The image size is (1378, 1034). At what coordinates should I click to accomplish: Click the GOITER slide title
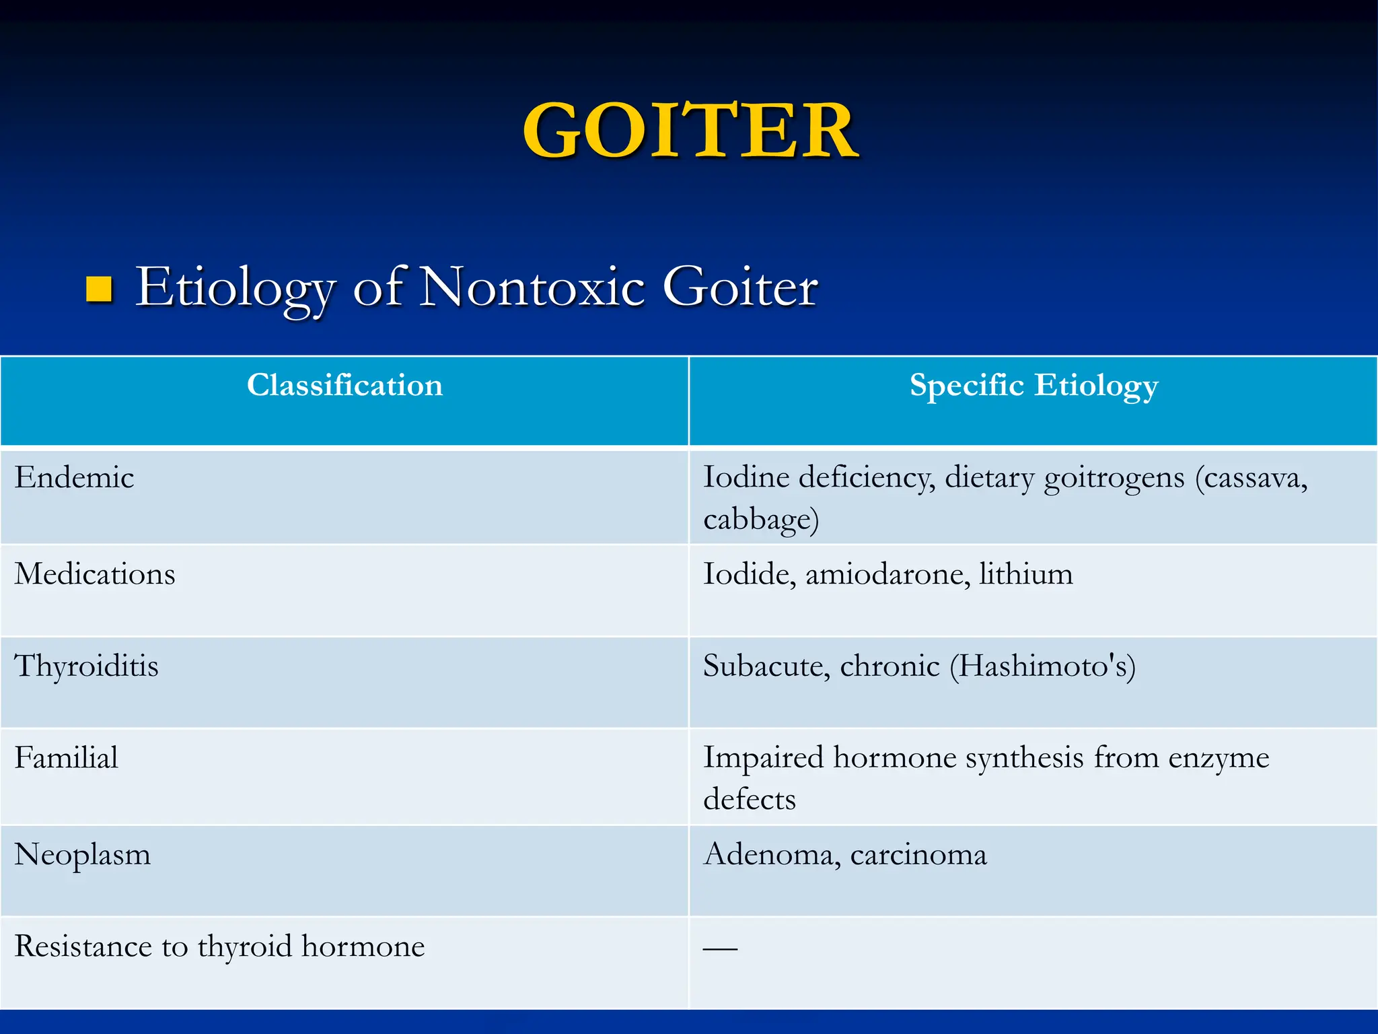[690, 131]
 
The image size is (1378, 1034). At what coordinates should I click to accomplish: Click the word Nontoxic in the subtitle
[532, 287]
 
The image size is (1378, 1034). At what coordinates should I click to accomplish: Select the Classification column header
[344, 386]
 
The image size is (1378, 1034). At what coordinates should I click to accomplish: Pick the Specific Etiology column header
[1033, 386]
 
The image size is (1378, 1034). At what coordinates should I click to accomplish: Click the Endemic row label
[75, 478]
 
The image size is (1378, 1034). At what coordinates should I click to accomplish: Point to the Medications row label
[95, 574]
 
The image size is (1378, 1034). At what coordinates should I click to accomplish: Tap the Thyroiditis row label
[87, 666]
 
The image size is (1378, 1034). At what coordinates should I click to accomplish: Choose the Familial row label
[67, 758]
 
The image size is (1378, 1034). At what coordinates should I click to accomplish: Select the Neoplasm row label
[83, 855]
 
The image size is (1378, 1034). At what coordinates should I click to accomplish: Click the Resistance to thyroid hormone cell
[219, 946]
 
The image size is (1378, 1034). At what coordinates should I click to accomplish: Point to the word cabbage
[759, 520]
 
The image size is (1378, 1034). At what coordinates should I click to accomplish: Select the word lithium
[1026, 574]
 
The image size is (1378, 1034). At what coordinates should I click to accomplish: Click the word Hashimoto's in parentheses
[1042, 666]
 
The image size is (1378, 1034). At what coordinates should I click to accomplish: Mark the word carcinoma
[918, 855]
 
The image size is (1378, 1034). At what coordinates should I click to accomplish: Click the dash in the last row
[720, 949]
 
